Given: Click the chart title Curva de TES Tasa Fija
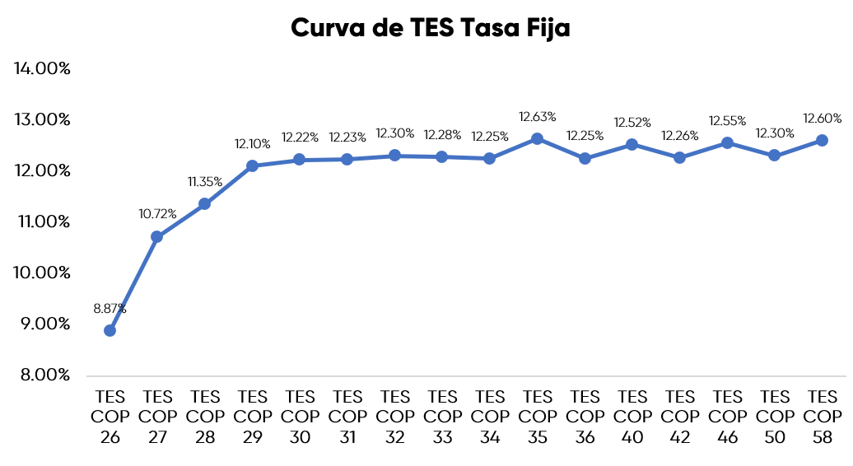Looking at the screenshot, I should (431, 28).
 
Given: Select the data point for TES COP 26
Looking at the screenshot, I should (110, 330).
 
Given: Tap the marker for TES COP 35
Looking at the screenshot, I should (537, 138).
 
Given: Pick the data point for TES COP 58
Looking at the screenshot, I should (822, 140).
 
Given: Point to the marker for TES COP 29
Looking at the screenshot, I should (252, 165).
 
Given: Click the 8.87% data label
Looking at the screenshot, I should (110, 309).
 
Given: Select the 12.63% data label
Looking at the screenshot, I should (538, 117).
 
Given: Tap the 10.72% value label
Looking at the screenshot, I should (157, 214).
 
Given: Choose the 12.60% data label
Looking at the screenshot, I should (823, 119).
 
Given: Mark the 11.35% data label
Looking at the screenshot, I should (205, 182).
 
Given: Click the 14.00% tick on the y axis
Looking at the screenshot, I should (43, 68).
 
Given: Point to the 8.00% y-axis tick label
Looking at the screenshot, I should (43, 375).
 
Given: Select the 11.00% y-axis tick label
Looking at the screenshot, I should (43, 221).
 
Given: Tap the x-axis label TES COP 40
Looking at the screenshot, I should (632, 417).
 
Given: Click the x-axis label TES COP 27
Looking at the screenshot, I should (157, 417).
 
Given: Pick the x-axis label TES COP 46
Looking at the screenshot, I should (727, 417).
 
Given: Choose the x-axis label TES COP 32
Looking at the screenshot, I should (395, 417).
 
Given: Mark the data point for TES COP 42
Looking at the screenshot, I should (679, 157).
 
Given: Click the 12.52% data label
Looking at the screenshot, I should (632, 123).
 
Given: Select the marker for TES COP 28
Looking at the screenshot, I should (204, 203).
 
